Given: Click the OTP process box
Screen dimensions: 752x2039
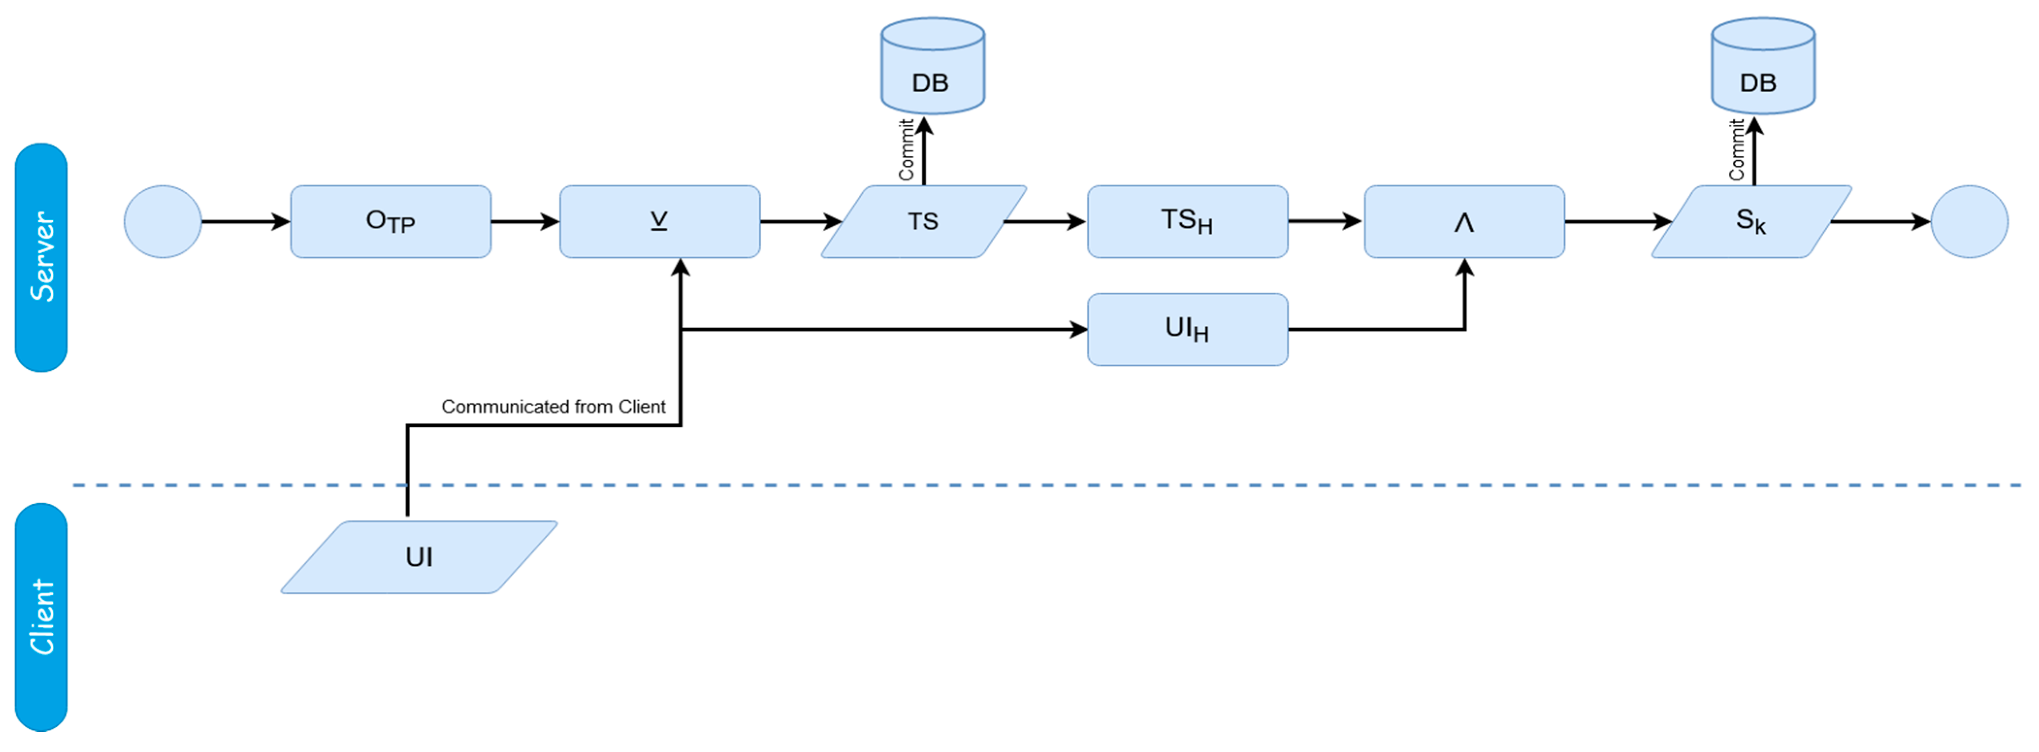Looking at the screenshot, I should coord(390,222).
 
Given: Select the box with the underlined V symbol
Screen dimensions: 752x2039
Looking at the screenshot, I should coord(659,222).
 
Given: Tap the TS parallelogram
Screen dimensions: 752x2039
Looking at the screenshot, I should coord(923,222).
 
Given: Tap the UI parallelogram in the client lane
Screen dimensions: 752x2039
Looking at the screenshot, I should coord(419,557).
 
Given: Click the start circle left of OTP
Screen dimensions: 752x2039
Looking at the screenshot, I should coord(163,222).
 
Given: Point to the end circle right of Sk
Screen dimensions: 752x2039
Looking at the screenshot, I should coord(1969,222).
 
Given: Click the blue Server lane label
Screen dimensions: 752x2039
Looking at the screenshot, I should coord(41,257).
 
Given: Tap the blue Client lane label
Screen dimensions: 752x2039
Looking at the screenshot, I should coord(41,617).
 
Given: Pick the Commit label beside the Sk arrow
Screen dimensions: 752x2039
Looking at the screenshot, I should coord(1736,150).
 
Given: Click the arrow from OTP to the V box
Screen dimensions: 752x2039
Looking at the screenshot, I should coord(525,222).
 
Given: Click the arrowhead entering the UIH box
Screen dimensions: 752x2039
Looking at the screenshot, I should coord(1078,329).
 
